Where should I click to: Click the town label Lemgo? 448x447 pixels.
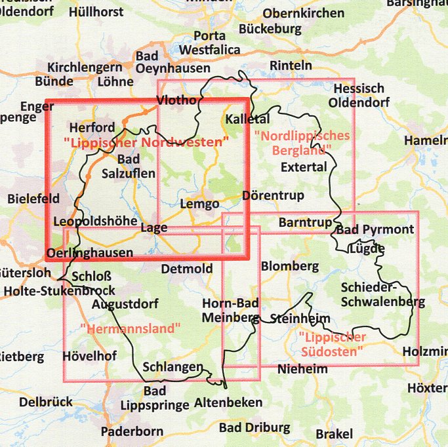click(x=199, y=204)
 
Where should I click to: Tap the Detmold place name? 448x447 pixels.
click(x=187, y=269)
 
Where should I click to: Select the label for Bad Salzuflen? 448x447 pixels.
click(x=129, y=166)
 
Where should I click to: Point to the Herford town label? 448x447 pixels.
click(x=92, y=127)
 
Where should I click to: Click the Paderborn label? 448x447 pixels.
click(x=132, y=431)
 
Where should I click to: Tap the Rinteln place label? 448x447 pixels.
click(x=291, y=66)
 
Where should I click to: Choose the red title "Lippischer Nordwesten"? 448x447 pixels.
click(x=146, y=142)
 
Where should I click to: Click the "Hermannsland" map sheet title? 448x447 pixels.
click(x=130, y=328)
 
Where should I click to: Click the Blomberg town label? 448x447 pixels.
click(x=289, y=266)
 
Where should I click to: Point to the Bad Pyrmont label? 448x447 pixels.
click(x=375, y=229)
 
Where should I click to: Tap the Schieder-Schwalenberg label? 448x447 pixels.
click(x=382, y=295)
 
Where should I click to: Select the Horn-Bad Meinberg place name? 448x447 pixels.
click(x=230, y=311)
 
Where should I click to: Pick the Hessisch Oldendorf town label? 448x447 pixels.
click(x=359, y=96)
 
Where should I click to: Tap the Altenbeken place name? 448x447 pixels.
click(x=228, y=402)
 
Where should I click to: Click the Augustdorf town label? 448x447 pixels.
click(x=126, y=304)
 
